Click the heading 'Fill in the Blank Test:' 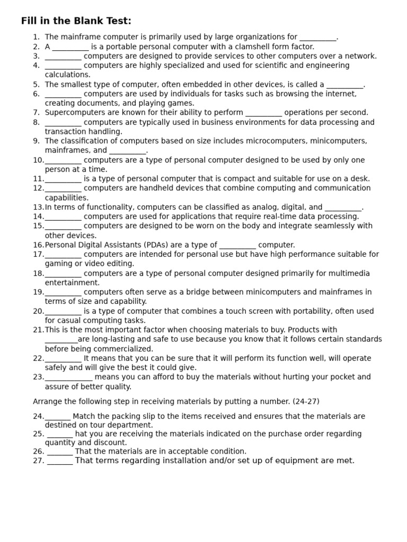(76, 21)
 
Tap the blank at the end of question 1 (317, 38)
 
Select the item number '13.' (38, 207)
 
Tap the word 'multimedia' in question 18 (350, 274)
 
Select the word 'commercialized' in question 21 (126, 349)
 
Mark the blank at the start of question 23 (68, 377)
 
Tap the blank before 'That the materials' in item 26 (60, 452)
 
